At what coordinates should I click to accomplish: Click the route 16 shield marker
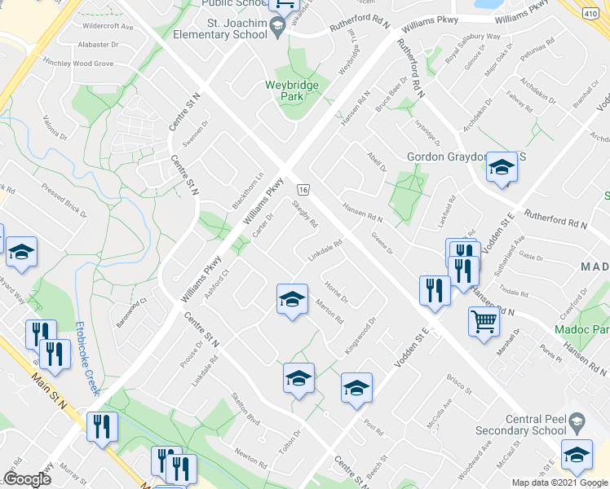pos(303,188)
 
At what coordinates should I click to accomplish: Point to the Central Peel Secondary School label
pos(535,425)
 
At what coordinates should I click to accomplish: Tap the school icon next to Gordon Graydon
pos(502,168)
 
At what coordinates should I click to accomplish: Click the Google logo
pos(27,478)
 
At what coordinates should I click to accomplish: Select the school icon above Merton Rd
pos(291,299)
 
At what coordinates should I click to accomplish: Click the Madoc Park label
pos(580,329)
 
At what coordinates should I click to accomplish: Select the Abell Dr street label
pos(376,161)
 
